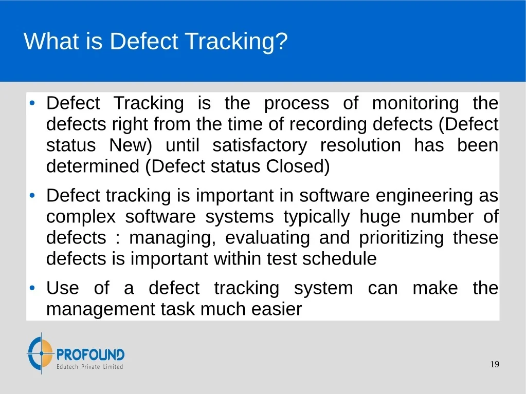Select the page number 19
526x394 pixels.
coord(495,364)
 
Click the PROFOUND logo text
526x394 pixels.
coord(90,354)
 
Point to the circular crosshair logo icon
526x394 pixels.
coord(41,353)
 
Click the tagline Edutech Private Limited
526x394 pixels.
coord(89,367)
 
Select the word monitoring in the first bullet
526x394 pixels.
coord(415,103)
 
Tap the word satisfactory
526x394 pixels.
coord(260,145)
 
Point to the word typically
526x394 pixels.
coord(317,217)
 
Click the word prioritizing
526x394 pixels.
coord(401,238)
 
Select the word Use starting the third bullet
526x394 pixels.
coord(63,288)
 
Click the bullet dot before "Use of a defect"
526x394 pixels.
coord(32,288)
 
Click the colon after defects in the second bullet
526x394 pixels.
coord(117,239)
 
